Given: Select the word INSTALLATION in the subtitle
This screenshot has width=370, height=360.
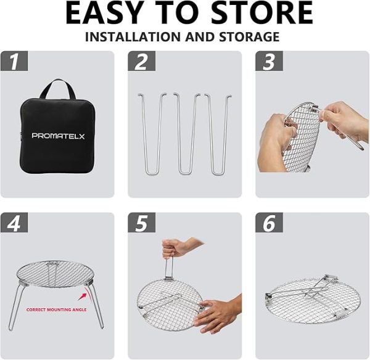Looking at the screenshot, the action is click(x=133, y=37).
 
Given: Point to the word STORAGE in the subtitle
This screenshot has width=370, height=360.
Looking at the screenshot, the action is click(x=249, y=37).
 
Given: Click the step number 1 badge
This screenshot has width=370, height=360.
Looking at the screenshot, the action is click(x=14, y=61).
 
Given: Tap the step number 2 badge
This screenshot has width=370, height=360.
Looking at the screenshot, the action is click(x=142, y=61).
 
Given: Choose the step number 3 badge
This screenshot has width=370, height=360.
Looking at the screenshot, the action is click(x=269, y=61).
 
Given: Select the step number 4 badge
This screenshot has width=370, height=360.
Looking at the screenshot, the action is click(x=14, y=223).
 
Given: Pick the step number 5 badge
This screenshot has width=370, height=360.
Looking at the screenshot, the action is click(x=142, y=223).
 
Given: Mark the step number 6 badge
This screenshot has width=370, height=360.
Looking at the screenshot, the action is click(x=269, y=223).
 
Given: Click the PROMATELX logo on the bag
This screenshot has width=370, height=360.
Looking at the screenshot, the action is click(x=58, y=136).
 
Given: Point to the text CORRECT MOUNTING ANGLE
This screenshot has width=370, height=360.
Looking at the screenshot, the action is click(x=56, y=309).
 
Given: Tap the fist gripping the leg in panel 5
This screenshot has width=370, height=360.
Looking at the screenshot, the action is click(x=176, y=248).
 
